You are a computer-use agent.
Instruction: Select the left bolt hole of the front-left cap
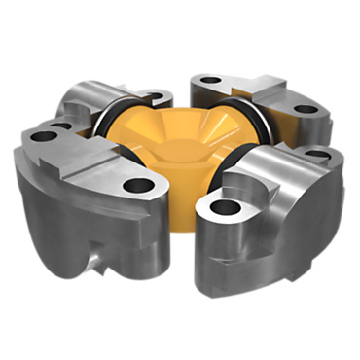pos(42,137)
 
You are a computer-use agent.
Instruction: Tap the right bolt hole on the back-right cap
pos(306,110)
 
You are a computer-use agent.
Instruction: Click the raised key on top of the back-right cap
pos(258,88)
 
